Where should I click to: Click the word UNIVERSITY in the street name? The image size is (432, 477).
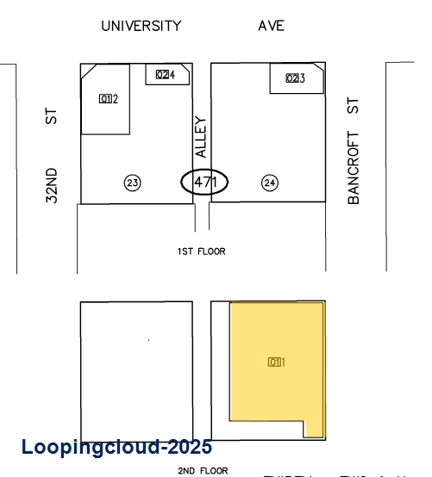pyautogui.click(x=141, y=26)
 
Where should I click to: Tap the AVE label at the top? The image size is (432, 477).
pyautogui.click(x=271, y=26)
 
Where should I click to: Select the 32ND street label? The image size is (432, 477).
pyautogui.click(x=53, y=184)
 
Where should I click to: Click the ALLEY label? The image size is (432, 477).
pyautogui.click(x=202, y=137)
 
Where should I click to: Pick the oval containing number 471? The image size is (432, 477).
pyautogui.click(x=204, y=182)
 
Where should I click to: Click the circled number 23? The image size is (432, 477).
pyautogui.click(x=132, y=182)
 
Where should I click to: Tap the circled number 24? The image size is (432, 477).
pyautogui.click(x=270, y=182)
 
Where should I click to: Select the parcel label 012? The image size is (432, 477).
pyautogui.click(x=108, y=98)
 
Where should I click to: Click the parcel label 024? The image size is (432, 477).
pyautogui.click(x=166, y=75)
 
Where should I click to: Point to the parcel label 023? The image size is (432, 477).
pyautogui.click(x=295, y=78)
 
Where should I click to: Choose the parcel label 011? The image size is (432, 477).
pyautogui.click(x=276, y=362)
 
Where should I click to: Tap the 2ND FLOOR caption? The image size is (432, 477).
pyautogui.click(x=203, y=471)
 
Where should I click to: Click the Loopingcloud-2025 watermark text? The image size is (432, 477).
pyautogui.click(x=116, y=448)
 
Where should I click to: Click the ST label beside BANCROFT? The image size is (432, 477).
pyautogui.click(x=353, y=107)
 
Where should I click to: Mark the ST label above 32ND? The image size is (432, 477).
pyautogui.click(x=53, y=115)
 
